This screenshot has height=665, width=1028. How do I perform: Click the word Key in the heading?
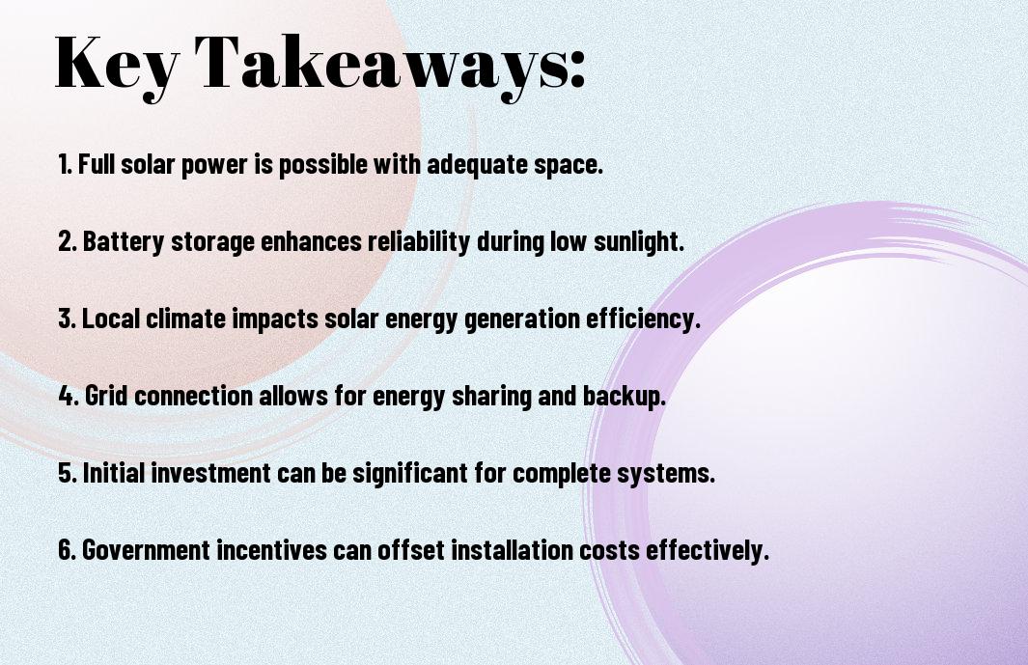[x=117, y=66]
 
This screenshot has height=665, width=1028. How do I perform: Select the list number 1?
[x=65, y=164]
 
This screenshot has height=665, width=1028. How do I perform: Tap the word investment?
[x=210, y=473]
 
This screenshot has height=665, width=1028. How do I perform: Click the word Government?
[x=146, y=550]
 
